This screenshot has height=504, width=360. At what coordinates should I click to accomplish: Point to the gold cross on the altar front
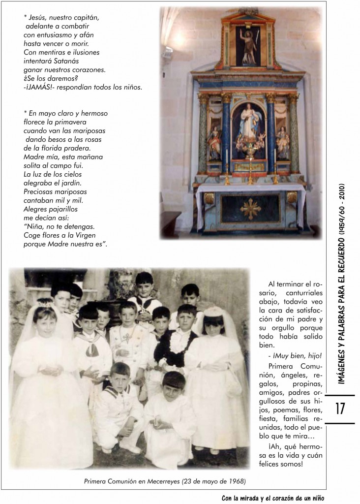250,209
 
